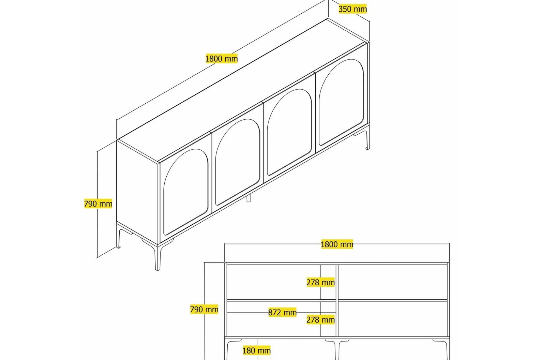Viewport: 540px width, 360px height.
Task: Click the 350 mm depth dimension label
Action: [352, 9]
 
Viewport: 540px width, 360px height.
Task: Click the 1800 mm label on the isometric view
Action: [222, 59]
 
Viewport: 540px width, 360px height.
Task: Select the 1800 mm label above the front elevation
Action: [337, 244]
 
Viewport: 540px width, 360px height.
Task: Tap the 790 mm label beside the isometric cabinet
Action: [98, 204]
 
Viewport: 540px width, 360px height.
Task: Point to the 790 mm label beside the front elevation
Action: [204, 309]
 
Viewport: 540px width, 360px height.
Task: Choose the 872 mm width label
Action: [282, 312]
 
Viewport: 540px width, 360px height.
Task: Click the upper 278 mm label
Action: [321, 282]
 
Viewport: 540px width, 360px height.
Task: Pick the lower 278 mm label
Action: [321, 320]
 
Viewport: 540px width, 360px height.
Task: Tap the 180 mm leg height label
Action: [257, 350]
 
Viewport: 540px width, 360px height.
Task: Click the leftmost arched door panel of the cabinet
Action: [186, 192]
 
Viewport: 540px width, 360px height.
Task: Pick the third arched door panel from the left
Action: [289, 132]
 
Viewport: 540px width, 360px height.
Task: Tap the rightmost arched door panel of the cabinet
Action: [341, 102]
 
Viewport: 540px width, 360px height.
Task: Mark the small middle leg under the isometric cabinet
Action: [248, 198]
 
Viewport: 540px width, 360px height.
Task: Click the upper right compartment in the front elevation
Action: [393, 282]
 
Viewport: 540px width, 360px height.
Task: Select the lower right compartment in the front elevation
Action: [393, 319]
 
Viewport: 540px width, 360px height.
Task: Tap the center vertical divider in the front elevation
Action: [337, 300]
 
